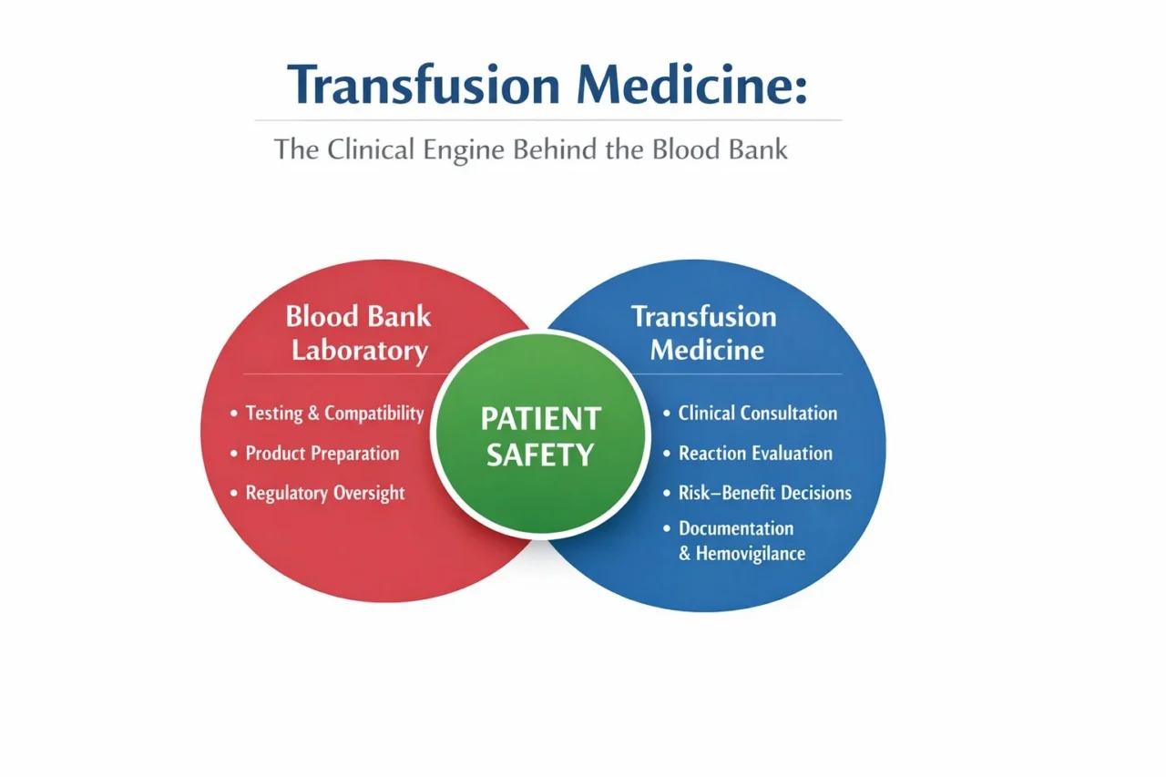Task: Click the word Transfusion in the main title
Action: click(424, 86)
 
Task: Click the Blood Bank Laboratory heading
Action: click(358, 333)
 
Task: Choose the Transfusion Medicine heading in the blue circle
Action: click(704, 333)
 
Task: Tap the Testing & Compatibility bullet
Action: click(334, 414)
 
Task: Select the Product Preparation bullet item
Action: click(322, 454)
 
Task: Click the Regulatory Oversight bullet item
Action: click(325, 494)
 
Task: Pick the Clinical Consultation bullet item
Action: click(758, 414)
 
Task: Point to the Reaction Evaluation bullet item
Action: click(755, 454)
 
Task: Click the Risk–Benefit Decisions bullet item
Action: click(765, 494)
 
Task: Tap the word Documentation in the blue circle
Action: click(736, 528)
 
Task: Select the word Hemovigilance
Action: click(751, 553)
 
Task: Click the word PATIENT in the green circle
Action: click(540, 419)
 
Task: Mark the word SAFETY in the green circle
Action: click(540, 455)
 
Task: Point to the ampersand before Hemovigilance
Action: click(685, 553)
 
